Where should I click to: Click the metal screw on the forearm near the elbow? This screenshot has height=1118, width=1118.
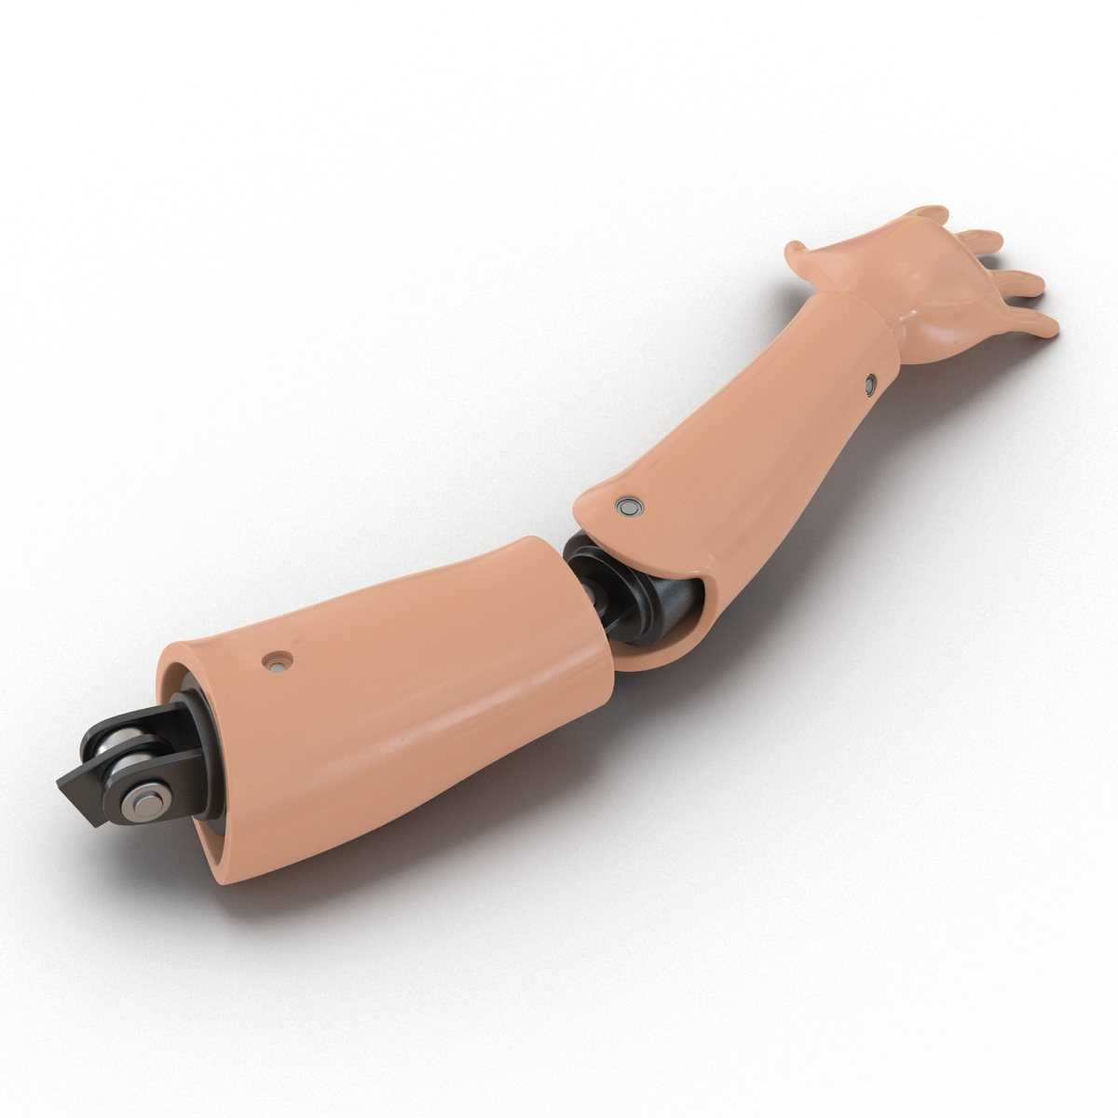pyautogui.click(x=630, y=506)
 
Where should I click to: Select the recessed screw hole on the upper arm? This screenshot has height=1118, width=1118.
pyautogui.click(x=275, y=662)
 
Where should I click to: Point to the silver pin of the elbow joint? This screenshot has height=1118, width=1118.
pyautogui.click(x=589, y=589)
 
